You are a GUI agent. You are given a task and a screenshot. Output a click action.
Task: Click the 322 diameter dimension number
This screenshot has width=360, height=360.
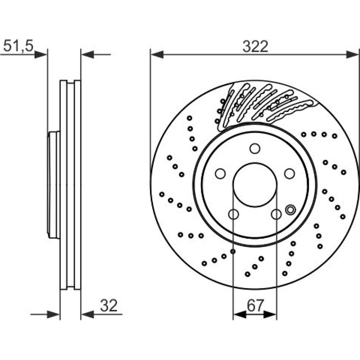255,46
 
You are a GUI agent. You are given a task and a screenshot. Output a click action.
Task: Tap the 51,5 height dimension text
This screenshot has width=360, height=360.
18,45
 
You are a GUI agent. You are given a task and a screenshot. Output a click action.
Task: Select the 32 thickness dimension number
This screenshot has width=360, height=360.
109,305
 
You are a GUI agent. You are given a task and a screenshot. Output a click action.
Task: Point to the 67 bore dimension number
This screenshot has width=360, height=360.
255,305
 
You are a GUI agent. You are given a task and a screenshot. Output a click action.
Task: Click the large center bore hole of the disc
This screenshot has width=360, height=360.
255,185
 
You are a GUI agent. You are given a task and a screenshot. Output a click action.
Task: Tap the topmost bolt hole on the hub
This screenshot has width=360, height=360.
255,149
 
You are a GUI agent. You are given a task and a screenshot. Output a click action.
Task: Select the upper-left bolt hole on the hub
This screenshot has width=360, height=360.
220,174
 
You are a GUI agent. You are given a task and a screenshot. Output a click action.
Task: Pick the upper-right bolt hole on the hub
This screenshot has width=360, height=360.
289,174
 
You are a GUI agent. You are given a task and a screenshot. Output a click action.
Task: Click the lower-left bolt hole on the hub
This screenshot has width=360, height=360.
234,214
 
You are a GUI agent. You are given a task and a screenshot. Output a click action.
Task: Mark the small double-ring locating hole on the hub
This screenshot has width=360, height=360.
290,210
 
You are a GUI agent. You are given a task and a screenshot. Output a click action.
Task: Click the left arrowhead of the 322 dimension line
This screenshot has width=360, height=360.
157,55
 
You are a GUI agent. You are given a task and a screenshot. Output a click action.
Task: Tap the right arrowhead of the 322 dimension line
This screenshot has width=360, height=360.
352,55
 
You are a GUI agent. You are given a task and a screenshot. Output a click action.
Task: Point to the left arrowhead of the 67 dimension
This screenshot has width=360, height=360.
239,315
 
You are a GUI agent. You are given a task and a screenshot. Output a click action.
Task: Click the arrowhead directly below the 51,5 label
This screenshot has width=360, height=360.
41,55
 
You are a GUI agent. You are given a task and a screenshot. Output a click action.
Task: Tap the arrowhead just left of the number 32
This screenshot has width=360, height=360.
87,315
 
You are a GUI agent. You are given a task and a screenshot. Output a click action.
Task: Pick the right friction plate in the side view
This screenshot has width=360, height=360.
77,185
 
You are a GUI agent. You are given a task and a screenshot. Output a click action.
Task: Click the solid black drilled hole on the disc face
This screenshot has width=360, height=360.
233,252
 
